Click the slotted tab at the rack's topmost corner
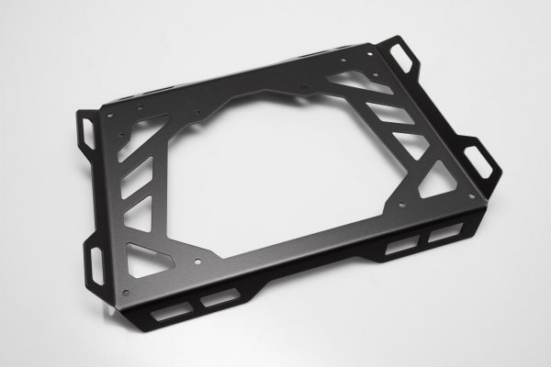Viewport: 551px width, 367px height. pyautogui.click(x=401, y=61)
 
